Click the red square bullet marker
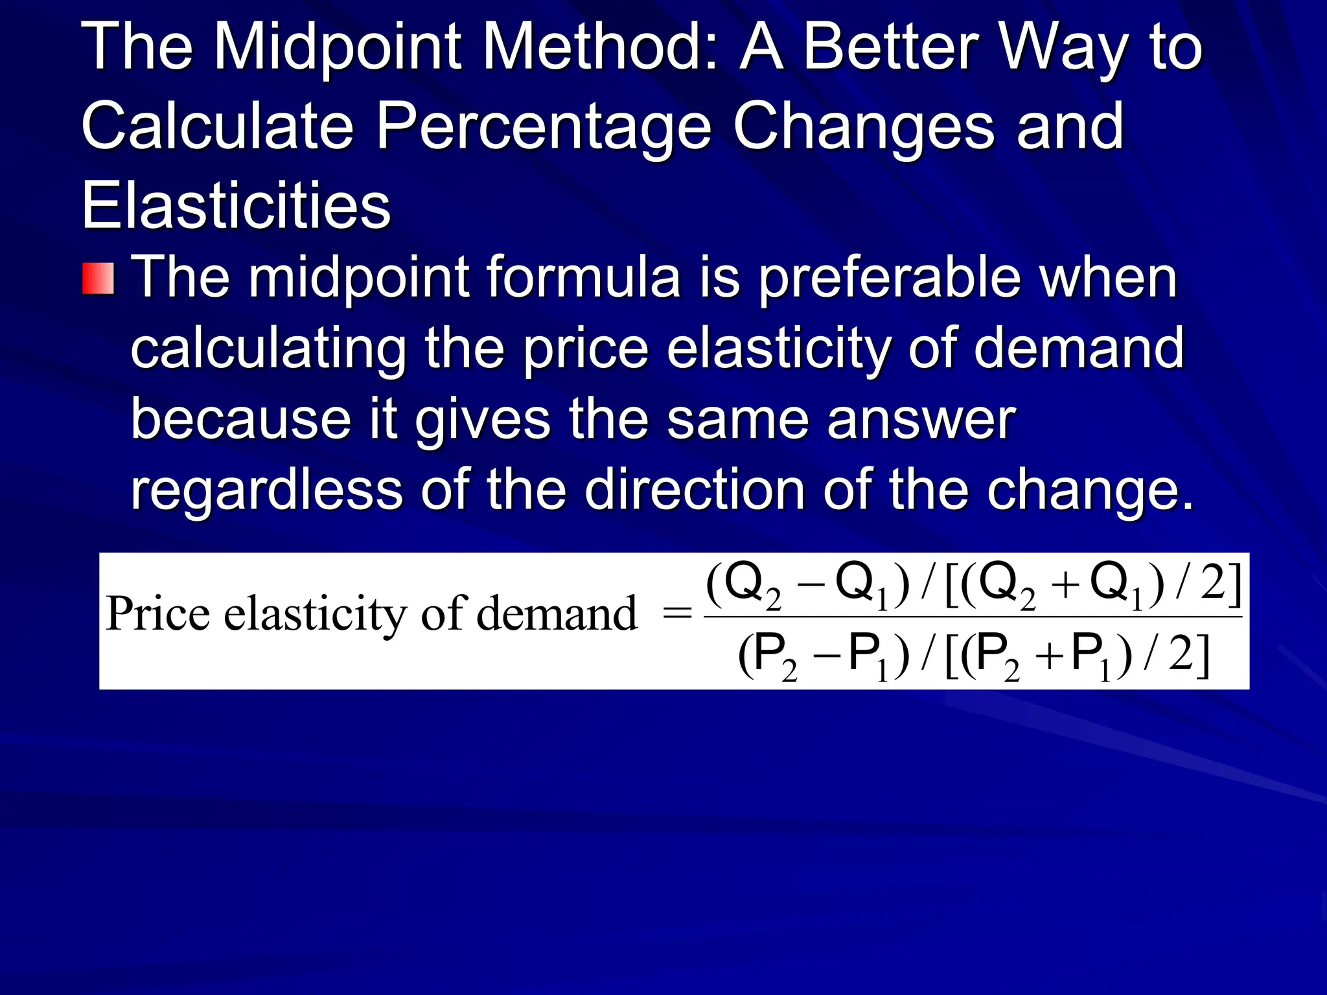coord(98,279)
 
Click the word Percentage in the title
coord(544,126)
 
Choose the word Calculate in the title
coord(218,126)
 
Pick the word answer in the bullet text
coord(921,420)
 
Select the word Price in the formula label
coord(157,613)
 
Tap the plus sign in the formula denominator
coord(1048,659)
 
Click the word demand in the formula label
coord(557,613)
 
